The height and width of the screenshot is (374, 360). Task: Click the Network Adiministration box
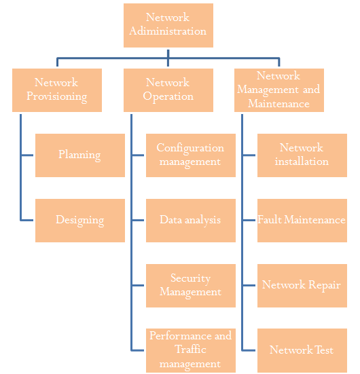168,25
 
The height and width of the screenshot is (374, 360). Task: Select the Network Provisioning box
57,90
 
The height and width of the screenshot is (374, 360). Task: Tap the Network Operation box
168,90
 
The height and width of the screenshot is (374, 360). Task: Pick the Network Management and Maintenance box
279,90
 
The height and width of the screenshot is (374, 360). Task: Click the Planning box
80,155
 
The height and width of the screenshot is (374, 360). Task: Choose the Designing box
80,221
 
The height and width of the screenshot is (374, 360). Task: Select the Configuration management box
191,155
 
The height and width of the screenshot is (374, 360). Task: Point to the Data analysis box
191,221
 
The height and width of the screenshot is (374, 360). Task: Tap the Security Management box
191,286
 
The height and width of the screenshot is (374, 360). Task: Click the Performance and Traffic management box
191,350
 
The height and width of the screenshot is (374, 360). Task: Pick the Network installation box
302,155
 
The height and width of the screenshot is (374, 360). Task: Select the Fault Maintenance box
302,221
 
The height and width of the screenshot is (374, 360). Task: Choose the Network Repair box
302,286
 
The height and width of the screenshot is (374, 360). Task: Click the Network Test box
302,350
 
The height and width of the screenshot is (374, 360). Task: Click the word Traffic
190,350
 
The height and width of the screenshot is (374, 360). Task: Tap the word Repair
324,285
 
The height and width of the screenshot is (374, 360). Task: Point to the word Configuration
190,148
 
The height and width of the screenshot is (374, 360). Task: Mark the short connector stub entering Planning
27,155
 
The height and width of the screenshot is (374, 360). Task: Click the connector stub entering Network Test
249,350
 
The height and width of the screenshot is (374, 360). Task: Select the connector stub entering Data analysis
138,220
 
